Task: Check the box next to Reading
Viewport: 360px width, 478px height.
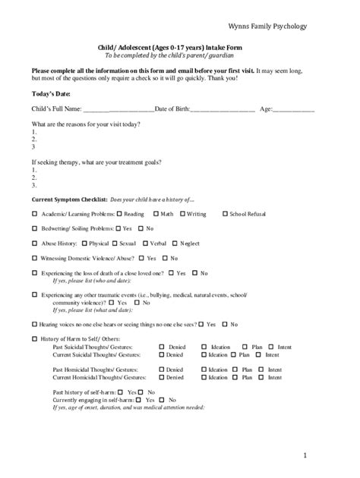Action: (119, 214)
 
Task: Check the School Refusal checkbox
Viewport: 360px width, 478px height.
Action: (224, 214)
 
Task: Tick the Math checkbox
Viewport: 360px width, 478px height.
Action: (156, 214)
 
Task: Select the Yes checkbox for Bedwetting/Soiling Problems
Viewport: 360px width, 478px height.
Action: (117, 228)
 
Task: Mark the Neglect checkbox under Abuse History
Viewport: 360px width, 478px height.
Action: (175, 244)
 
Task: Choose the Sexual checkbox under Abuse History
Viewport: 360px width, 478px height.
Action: (115, 244)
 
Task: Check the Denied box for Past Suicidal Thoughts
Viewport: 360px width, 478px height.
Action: (161, 347)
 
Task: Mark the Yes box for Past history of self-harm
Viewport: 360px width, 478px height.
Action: (122, 392)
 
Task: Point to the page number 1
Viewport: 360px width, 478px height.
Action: (304, 455)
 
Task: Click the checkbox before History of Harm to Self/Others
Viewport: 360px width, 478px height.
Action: (34, 339)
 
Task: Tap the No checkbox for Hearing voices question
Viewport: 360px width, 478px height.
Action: (224, 324)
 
